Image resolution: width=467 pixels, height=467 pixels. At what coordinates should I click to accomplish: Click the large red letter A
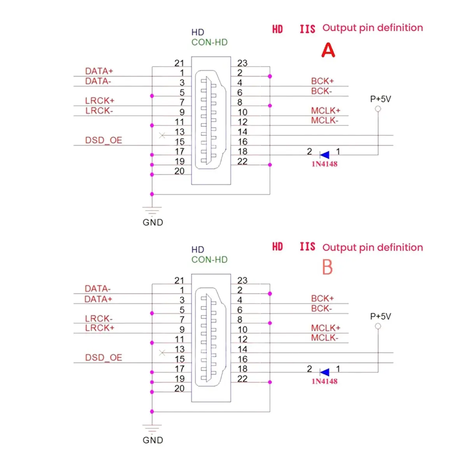click(x=328, y=50)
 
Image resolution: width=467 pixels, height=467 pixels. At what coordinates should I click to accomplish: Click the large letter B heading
click(x=327, y=267)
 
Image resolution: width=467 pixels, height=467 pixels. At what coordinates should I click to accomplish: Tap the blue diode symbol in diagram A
click(x=325, y=155)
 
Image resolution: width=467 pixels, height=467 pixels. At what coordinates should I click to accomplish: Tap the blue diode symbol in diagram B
click(x=325, y=372)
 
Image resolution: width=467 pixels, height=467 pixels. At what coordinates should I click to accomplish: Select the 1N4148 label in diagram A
click(x=324, y=164)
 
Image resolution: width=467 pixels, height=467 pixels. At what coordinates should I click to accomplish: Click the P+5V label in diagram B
click(x=380, y=316)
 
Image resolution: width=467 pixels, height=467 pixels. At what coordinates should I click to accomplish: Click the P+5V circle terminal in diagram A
click(x=378, y=109)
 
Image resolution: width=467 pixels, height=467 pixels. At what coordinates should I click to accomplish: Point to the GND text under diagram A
click(x=153, y=223)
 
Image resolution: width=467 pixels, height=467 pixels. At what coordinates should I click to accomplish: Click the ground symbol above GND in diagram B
click(x=152, y=429)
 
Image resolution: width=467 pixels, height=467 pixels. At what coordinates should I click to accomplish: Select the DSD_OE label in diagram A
click(x=104, y=140)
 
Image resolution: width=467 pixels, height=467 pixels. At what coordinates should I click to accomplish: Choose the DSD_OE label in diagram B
click(x=104, y=358)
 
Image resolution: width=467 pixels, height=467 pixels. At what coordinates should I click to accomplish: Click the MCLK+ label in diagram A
click(x=325, y=111)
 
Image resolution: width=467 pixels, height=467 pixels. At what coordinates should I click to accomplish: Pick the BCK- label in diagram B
click(x=321, y=309)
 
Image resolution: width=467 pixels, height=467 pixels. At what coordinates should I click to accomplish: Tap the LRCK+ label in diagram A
click(x=100, y=101)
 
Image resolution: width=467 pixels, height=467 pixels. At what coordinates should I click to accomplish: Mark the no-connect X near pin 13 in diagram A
click(x=162, y=135)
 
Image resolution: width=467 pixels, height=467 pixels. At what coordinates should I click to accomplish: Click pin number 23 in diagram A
click(x=242, y=63)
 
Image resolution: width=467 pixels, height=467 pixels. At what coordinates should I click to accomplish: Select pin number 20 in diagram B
click(x=179, y=388)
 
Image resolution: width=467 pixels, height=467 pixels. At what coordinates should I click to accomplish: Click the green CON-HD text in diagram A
click(x=209, y=42)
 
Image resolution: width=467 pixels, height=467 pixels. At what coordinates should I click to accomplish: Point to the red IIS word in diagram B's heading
click(x=307, y=247)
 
